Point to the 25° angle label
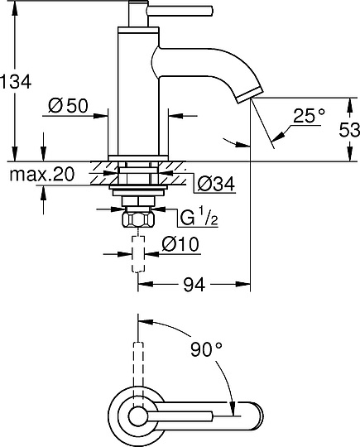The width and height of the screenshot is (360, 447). click(x=308, y=116)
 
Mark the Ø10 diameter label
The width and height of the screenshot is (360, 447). click(x=180, y=246)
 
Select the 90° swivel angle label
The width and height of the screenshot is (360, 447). click(x=205, y=349)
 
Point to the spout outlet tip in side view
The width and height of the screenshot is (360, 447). click(x=248, y=99)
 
